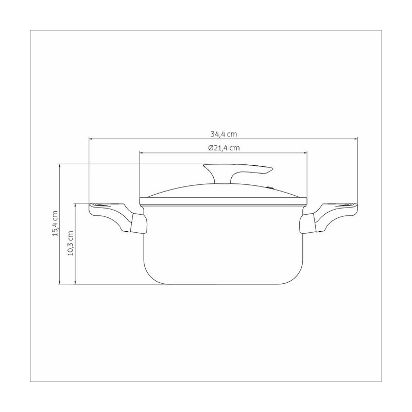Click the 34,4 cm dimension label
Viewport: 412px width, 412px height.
pos(224,134)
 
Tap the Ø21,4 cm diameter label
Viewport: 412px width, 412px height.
pos(224,148)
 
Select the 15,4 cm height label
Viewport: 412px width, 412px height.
pos(55,224)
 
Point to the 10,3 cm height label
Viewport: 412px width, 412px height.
pos(71,243)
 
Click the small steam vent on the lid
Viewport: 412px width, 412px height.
pos(270,187)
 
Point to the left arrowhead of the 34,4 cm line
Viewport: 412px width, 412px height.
pos(91,139)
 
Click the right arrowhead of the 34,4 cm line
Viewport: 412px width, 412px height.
pos(356,139)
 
